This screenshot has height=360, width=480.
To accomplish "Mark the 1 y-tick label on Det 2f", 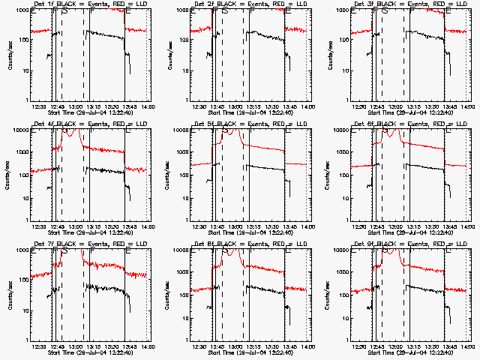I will (187, 100).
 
